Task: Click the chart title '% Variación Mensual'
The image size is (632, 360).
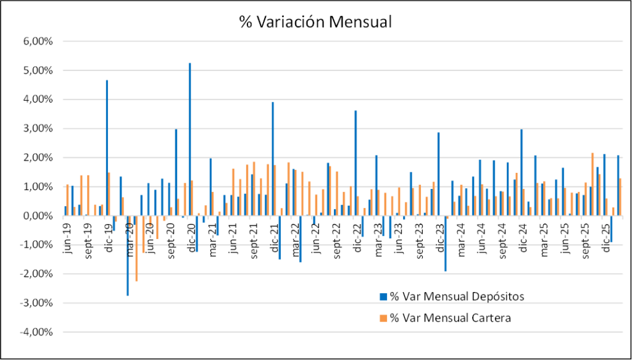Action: click(x=315, y=22)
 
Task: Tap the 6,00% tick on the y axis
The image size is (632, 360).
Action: click(x=39, y=41)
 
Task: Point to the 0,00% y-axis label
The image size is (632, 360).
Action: click(x=39, y=216)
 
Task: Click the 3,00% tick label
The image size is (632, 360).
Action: click(x=39, y=128)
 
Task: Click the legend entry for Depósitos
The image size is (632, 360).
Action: click(x=457, y=296)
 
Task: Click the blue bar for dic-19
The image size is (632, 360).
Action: click(x=107, y=148)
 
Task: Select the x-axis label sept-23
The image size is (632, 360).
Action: click(x=420, y=243)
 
